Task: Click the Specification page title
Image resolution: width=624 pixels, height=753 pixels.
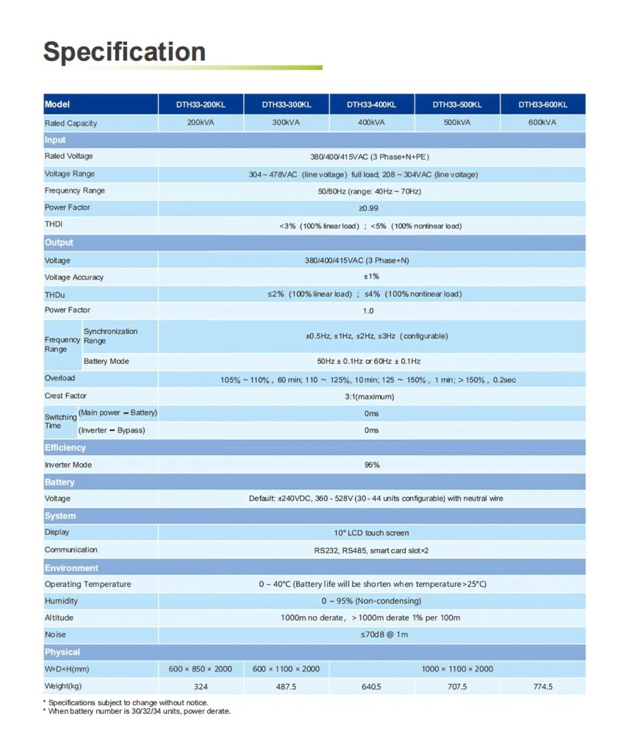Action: pos(124,51)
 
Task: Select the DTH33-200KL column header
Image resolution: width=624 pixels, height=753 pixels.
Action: pos(201,104)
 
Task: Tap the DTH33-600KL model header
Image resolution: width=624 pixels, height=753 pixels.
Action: pos(542,104)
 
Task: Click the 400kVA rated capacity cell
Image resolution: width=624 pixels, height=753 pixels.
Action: pos(371,123)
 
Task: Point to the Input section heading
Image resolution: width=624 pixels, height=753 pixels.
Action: pos(55,140)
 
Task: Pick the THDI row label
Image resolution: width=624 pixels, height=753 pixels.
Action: pos(54,224)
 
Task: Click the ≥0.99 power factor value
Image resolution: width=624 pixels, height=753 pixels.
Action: pos(372,208)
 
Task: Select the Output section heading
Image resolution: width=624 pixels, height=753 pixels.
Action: pos(59,243)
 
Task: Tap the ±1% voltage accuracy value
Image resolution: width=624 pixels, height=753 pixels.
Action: pos(371,277)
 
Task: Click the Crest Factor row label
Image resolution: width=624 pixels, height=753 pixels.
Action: pos(65,396)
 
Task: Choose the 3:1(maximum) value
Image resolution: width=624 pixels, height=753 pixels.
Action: pos(371,396)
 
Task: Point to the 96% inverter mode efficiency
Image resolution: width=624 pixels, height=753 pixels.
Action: pos(371,465)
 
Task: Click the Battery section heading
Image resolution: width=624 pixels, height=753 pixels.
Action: pos(59,482)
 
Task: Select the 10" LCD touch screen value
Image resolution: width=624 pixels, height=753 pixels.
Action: pos(371,532)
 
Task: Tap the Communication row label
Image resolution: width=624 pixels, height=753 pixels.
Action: pos(71,550)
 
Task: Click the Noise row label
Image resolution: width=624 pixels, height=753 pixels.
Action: pos(55,635)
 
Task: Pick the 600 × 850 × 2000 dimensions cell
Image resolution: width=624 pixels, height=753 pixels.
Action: pos(200,669)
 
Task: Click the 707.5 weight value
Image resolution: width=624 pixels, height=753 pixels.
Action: pos(457,687)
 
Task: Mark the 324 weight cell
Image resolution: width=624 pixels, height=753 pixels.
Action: pos(200,687)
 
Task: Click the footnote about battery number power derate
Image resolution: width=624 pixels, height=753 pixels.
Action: pos(139,711)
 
